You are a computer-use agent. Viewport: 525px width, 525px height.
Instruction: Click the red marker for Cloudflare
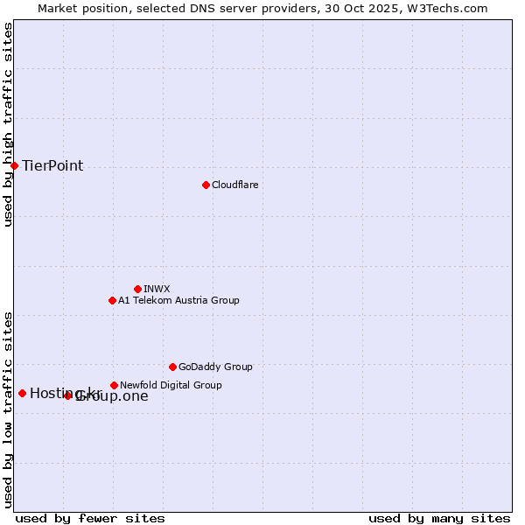pyautogui.click(x=206, y=185)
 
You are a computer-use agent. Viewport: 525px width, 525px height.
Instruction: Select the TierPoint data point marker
pyautogui.click(x=14, y=165)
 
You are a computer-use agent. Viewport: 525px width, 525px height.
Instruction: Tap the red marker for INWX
pyautogui.click(x=137, y=289)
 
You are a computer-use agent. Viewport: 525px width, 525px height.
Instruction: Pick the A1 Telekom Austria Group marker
pyautogui.click(x=112, y=300)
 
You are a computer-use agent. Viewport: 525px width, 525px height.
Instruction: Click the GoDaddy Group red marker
pyautogui.click(x=172, y=367)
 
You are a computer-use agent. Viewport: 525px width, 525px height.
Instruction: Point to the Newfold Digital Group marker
pyautogui.click(x=114, y=385)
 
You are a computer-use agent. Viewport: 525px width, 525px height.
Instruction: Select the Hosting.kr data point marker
pyautogui.click(x=22, y=393)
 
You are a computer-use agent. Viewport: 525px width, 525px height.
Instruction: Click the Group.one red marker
pyautogui.click(x=68, y=395)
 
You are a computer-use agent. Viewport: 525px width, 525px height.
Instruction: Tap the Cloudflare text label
pyautogui.click(x=234, y=185)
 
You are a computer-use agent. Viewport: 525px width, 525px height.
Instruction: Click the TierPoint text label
pyautogui.click(x=52, y=165)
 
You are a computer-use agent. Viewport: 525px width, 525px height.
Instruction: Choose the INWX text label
pyautogui.click(x=157, y=289)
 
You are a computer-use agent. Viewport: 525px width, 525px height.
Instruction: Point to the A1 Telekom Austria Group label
pyautogui.click(x=178, y=300)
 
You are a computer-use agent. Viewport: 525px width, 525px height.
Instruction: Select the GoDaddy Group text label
pyautogui.click(x=215, y=367)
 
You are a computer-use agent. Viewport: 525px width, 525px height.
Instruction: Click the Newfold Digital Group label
pyautogui.click(x=171, y=385)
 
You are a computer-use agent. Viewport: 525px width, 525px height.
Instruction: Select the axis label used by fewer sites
pyautogui.click(x=90, y=518)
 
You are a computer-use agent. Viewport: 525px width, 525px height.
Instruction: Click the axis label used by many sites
pyautogui.click(x=439, y=518)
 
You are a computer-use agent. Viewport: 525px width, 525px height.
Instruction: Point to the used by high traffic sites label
pyautogui.click(x=8, y=124)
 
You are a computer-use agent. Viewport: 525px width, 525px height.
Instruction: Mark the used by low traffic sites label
pyautogui.click(x=8, y=409)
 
